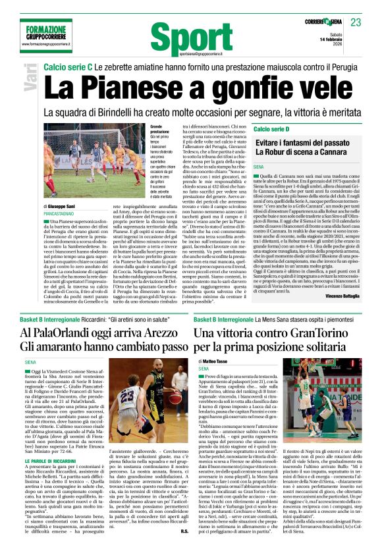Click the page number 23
356,22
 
